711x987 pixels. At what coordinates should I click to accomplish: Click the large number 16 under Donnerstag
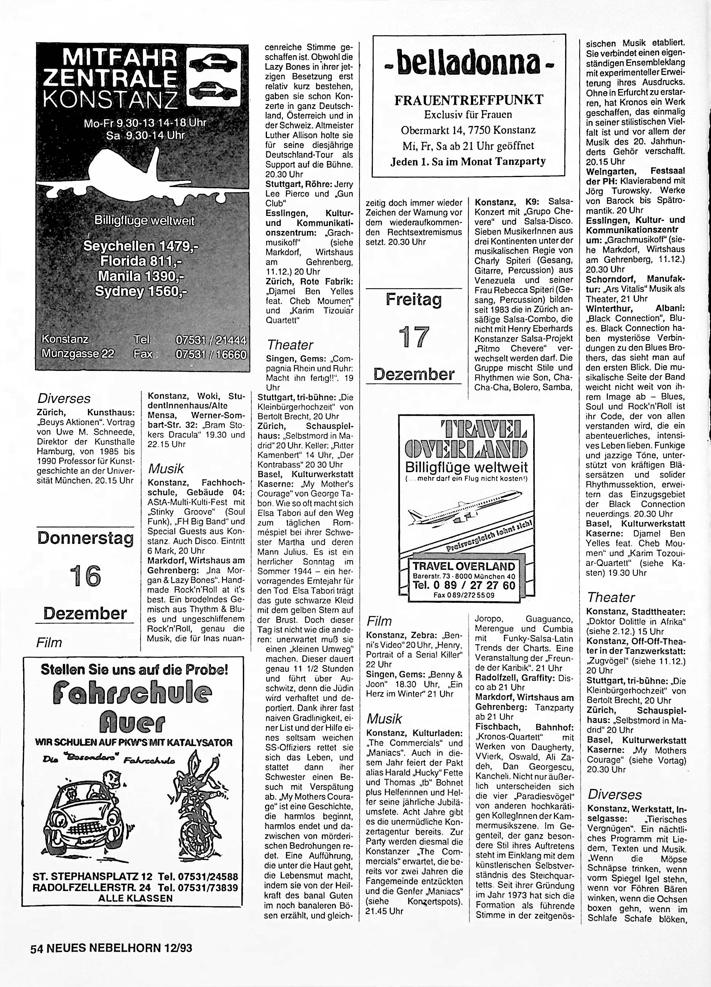tap(85, 576)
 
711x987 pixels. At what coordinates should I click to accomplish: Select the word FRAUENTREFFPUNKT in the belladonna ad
tap(469, 100)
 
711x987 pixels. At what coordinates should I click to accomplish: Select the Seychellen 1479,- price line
tap(141, 246)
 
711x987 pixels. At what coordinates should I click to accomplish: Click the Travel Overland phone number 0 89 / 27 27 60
tap(464, 585)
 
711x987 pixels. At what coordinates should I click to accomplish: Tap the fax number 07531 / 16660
tap(211, 354)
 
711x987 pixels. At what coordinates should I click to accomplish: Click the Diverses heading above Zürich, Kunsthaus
tap(64, 398)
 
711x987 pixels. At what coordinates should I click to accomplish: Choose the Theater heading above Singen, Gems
tap(290, 345)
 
